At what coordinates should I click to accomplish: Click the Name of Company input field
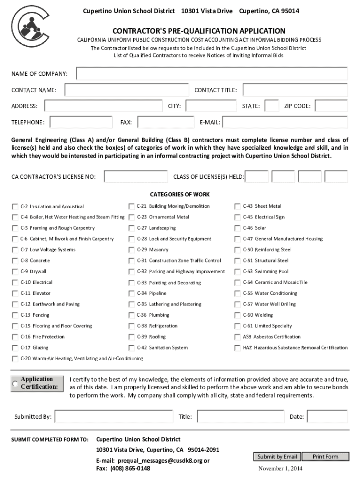click(x=212, y=74)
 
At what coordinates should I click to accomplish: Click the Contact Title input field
click(x=295, y=90)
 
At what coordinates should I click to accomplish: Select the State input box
click(x=271, y=106)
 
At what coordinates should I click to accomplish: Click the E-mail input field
click(x=284, y=123)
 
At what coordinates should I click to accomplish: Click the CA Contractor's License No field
click(x=136, y=176)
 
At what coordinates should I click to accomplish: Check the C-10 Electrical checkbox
click(x=15, y=283)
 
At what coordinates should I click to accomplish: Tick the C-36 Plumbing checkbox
click(x=131, y=315)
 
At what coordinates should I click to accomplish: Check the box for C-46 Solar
click(x=238, y=228)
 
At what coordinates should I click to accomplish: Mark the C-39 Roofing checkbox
click(x=131, y=337)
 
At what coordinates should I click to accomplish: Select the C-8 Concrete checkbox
click(x=15, y=261)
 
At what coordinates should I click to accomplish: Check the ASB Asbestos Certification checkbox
click(x=238, y=337)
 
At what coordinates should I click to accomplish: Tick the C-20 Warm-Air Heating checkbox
click(x=15, y=359)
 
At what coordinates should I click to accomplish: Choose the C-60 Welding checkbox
click(x=238, y=315)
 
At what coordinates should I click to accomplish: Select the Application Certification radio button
click(x=15, y=384)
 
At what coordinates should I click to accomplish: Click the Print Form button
click(x=325, y=457)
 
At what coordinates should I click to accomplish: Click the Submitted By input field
click(x=113, y=417)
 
